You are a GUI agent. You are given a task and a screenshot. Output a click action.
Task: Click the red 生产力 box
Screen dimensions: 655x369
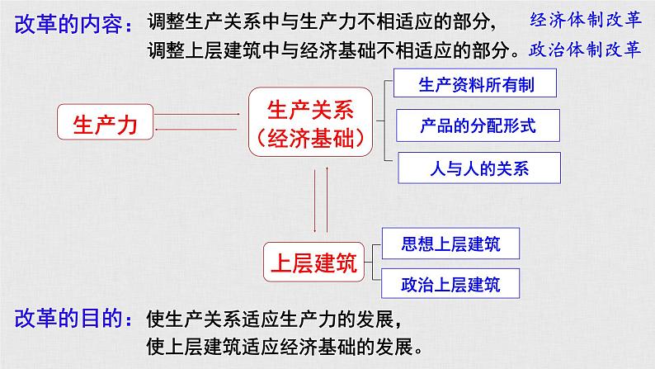(x=106, y=122)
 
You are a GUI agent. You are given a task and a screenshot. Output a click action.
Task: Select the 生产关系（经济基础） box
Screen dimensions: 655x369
(x=310, y=122)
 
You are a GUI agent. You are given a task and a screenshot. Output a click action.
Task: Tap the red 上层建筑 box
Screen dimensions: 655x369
(x=313, y=262)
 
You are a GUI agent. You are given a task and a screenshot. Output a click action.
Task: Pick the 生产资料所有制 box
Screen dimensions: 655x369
(x=475, y=83)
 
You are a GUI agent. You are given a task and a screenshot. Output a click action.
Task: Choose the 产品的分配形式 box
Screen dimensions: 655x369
(x=478, y=125)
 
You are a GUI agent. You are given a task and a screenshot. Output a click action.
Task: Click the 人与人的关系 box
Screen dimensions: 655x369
(x=479, y=168)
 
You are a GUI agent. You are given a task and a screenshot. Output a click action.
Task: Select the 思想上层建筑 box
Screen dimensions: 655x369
(x=450, y=244)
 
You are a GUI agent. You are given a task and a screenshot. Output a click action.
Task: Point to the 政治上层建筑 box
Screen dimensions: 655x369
(x=450, y=284)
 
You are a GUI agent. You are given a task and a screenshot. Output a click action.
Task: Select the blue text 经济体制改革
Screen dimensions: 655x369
(x=585, y=20)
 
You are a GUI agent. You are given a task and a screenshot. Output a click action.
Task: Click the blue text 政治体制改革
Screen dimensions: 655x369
(x=585, y=50)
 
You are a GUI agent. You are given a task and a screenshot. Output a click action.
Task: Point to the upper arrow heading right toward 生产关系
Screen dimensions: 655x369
(x=197, y=114)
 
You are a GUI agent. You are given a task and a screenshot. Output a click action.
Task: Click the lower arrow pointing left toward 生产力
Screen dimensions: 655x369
(x=196, y=130)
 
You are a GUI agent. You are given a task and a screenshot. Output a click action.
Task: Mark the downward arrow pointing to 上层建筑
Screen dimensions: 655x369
(x=315, y=201)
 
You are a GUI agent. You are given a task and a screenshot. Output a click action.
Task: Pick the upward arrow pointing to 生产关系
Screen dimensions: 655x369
(x=327, y=200)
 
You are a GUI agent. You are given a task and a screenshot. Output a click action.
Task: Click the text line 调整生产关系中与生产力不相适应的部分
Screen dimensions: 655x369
(x=321, y=21)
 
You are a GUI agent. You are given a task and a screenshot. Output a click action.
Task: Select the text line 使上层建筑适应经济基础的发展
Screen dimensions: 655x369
(x=285, y=347)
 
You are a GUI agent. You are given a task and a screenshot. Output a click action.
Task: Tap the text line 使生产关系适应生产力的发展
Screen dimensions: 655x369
(x=274, y=319)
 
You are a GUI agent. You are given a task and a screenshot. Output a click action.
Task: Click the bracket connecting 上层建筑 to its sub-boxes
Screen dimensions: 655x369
(x=372, y=262)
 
